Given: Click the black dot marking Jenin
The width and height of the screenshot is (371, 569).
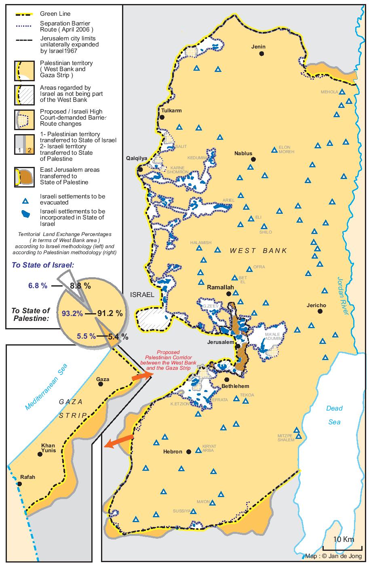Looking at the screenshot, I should click(x=262, y=53).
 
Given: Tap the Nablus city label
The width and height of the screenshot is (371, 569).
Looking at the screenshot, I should click(x=243, y=154).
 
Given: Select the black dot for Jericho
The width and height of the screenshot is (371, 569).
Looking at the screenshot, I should click(x=320, y=311).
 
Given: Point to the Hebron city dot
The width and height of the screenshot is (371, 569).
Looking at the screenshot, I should click(x=189, y=452).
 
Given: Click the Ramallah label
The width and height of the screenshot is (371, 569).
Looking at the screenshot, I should click(x=220, y=287).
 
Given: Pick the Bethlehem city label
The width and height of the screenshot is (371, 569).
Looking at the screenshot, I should click(x=235, y=386).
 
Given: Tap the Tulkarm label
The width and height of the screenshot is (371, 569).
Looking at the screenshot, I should click(x=171, y=111).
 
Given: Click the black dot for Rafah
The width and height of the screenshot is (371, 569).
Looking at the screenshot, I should click(x=19, y=483).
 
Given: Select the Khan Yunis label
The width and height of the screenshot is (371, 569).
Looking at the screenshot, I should click(x=48, y=449).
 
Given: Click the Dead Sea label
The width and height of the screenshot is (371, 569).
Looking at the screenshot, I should click(x=334, y=415).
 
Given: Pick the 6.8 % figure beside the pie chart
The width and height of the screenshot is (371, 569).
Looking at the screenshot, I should click(x=38, y=285).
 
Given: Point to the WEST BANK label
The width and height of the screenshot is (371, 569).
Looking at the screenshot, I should click(x=258, y=251).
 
